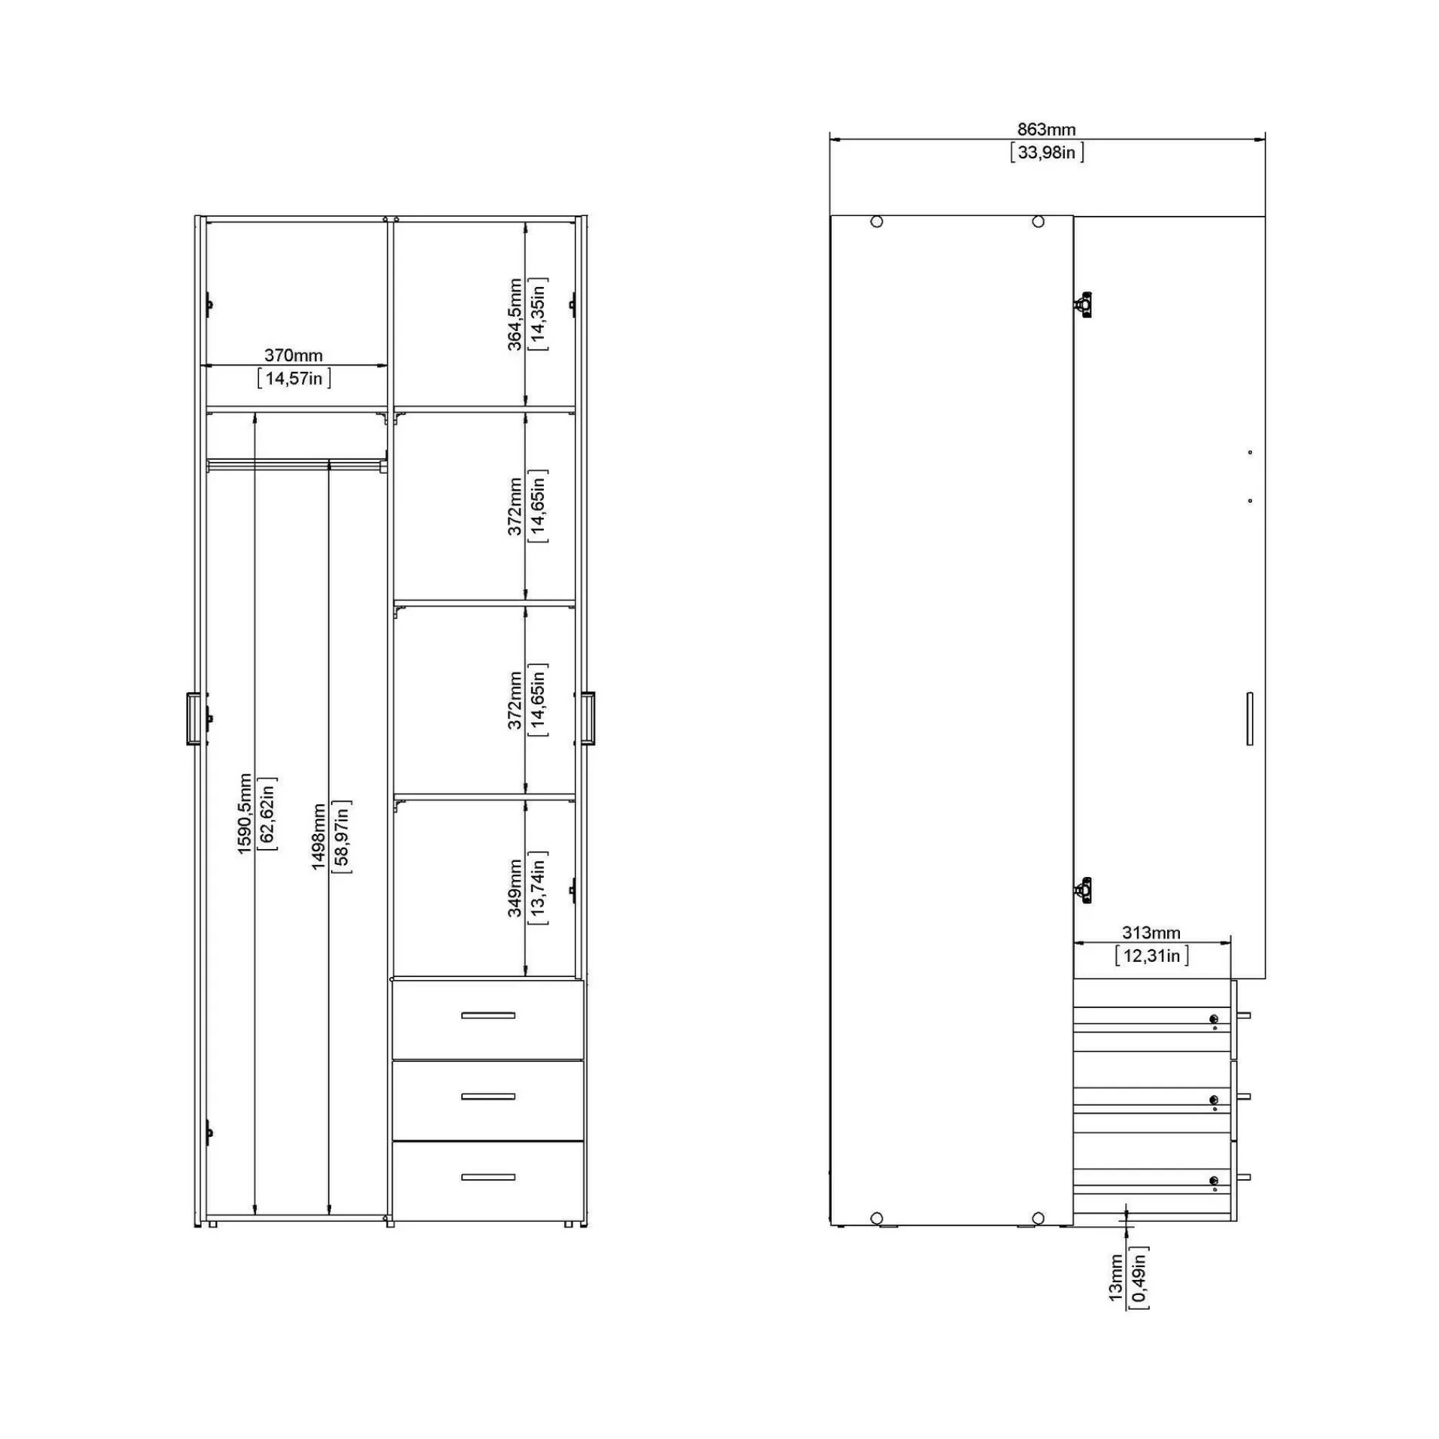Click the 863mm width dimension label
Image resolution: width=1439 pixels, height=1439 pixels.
pos(1046,130)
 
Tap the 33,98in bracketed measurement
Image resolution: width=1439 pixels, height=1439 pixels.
pos(1046,153)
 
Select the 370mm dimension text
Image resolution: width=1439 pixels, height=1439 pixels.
pos(294,355)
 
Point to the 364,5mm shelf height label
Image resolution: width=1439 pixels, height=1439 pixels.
pos(514,314)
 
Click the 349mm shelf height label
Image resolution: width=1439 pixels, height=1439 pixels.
pos(514,888)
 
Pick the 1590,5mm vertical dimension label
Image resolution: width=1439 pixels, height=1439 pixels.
pos(245,813)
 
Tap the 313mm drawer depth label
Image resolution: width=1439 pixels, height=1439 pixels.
pos(1150,932)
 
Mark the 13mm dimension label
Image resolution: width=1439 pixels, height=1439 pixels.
pos(1115,1278)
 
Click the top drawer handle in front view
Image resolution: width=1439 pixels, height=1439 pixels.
pos(488,1015)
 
